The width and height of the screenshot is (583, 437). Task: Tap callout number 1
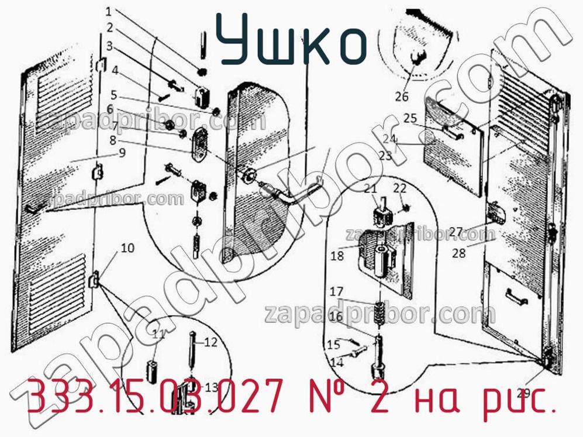[x=110, y=11]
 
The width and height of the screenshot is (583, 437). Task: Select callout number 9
[x=122, y=153]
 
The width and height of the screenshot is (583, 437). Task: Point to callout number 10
[x=127, y=248]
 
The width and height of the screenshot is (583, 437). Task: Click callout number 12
[x=211, y=342]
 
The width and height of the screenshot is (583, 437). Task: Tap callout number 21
[x=371, y=188]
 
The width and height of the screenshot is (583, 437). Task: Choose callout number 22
[x=399, y=188]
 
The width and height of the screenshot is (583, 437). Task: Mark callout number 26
[x=401, y=97]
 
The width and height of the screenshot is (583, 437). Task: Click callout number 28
[x=459, y=253]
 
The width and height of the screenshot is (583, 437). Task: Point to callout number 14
[x=336, y=362]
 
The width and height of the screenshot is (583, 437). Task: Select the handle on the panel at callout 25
[x=452, y=134]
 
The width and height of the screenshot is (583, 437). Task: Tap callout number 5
[x=113, y=95]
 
